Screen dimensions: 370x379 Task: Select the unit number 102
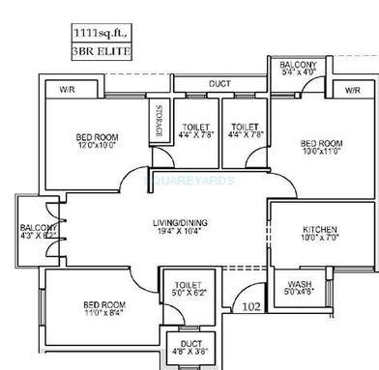252,308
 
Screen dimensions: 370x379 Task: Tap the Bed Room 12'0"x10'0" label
97,141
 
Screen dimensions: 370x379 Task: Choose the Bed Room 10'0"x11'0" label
322,146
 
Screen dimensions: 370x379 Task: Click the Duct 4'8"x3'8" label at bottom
187,348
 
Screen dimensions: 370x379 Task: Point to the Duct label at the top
219,84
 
